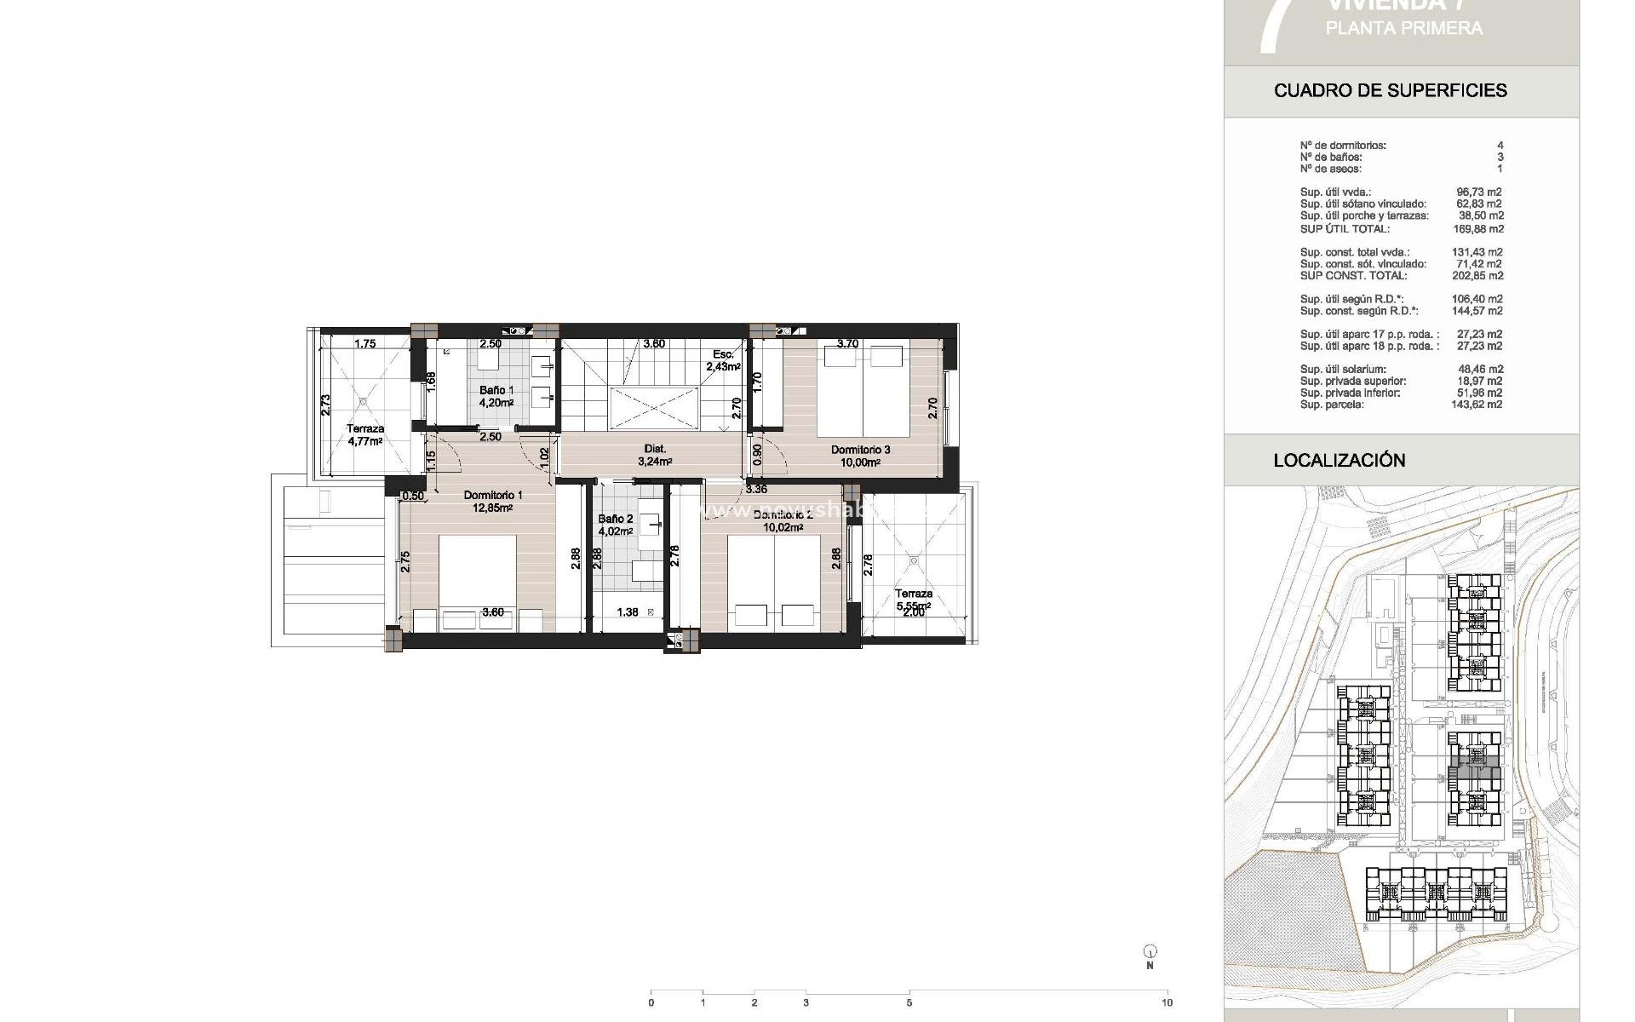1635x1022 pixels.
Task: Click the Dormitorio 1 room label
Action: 493,502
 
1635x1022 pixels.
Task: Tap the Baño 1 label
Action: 496,397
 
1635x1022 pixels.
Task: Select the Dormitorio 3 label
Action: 860,456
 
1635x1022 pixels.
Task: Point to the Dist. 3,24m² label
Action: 655,455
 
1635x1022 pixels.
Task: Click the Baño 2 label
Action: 615,525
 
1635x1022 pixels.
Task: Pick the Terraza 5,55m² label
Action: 913,600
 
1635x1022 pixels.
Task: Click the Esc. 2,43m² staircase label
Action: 722,360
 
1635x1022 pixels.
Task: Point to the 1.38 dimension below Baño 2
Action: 627,612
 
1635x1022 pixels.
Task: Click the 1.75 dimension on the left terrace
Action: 364,344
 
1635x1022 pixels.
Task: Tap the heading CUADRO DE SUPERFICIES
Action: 1390,90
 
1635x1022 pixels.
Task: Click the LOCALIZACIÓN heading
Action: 1339,461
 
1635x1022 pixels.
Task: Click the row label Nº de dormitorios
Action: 1342,146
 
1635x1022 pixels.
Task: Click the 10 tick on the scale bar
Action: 1167,1002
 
